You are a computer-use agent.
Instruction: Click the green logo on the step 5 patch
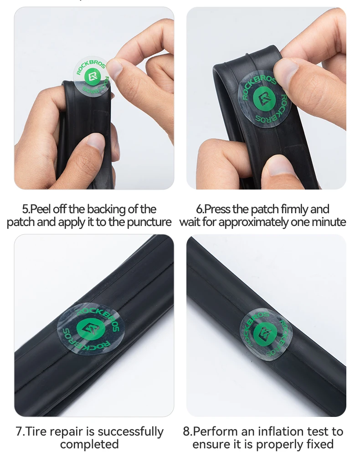tap(92, 76)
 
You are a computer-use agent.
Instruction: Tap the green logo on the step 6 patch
tap(264, 99)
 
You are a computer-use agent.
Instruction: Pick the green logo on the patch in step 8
tap(265, 334)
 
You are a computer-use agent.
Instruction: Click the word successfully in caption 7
tap(131, 432)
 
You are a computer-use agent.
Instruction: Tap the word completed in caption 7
tap(89, 444)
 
